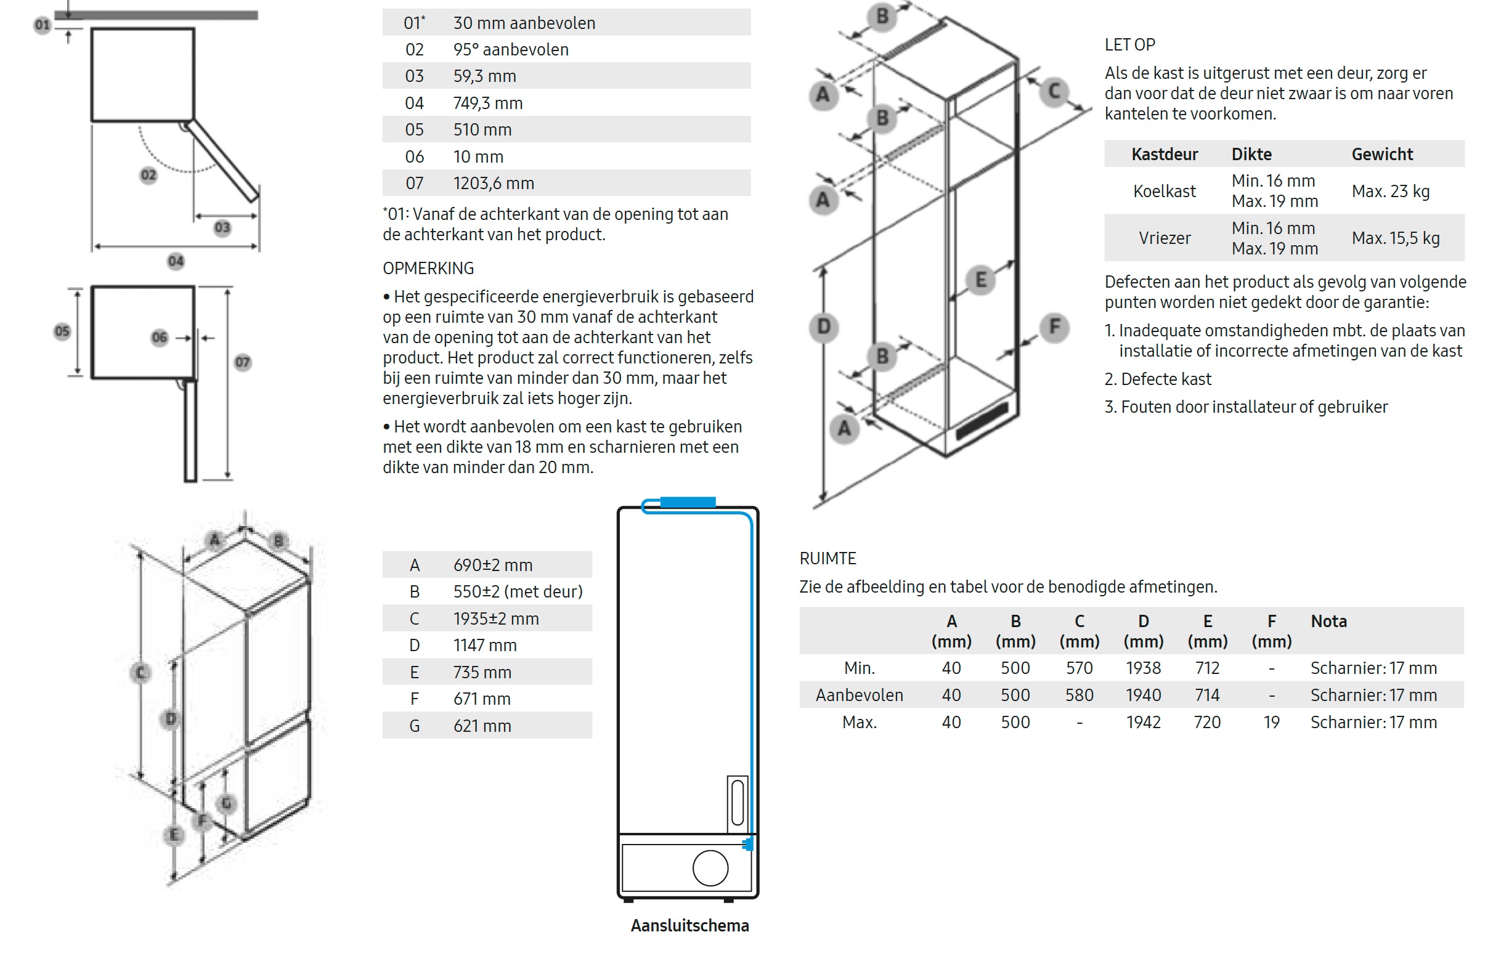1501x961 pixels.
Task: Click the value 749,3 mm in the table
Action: pos(487,103)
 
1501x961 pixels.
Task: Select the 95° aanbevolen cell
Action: pos(511,49)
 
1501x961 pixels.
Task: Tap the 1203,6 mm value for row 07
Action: pos(493,184)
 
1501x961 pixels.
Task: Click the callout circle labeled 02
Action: pos(148,175)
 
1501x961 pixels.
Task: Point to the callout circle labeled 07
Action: pos(243,362)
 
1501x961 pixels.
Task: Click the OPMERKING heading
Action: pos(428,269)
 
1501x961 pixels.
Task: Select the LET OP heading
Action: pos(1129,45)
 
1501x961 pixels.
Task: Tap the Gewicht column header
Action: pos(1382,154)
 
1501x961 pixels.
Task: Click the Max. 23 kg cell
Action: pos(1391,191)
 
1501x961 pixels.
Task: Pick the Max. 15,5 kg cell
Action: pos(1396,238)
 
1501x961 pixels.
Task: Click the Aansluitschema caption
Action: pos(689,925)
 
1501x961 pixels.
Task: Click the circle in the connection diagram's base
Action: pos(710,867)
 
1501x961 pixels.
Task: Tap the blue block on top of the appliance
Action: pos(688,501)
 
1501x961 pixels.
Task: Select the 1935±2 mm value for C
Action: pos(495,618)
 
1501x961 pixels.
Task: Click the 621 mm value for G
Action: pos(482,726)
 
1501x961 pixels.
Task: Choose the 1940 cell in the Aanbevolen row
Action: pos(1144,695)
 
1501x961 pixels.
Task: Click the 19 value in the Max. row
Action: pos(1271,722)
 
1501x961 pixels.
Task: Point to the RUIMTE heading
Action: pos(828,559)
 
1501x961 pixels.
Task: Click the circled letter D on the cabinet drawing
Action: pos(823,326)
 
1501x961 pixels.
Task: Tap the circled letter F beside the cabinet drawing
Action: pos(1054,326)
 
